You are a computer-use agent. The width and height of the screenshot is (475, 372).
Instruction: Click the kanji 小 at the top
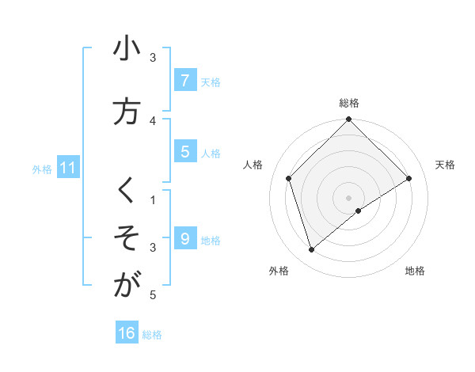[127, 49]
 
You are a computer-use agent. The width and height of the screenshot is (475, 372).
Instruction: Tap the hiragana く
[126, 191]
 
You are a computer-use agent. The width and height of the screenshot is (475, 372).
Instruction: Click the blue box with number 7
[184, 80]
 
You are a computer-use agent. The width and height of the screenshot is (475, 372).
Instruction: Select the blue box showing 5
[184, 151]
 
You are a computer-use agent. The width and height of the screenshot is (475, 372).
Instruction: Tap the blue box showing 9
[184, 238]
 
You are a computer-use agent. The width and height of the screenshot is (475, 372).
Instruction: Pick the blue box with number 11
[67, 168]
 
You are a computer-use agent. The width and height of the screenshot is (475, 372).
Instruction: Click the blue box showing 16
[127, 333]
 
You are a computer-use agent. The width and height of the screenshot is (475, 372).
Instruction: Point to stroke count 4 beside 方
[154, 120]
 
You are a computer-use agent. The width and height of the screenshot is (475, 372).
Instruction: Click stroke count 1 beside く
[154, 199]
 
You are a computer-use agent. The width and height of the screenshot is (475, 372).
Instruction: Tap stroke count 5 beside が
[154, 295]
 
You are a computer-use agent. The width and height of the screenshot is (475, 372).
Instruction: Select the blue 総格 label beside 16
[152, 335]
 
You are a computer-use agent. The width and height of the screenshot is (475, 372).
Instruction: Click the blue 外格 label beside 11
[42, 169]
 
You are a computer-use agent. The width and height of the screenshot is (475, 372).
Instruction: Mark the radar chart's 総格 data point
[348, 120]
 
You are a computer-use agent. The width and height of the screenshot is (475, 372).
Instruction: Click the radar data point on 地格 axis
[359, 211]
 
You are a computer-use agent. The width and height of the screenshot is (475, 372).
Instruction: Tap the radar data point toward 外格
[312, 250]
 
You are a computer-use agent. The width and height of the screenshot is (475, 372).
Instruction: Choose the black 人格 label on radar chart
[253, 165]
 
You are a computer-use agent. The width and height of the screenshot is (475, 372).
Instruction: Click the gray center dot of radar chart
[348, 197]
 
